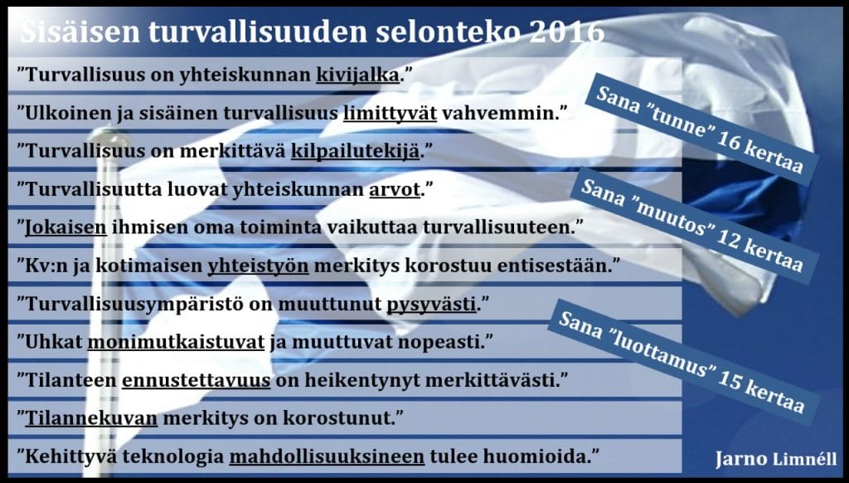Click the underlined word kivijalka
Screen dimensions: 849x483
(357, 75)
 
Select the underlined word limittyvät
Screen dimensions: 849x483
(390, 114)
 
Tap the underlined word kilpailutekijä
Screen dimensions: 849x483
(355, 151)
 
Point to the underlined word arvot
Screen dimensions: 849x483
(394, 190)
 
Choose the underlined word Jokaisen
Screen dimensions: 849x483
(66, 227)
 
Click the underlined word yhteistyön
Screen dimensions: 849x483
(259, 266)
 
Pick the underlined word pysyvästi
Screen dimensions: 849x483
(431, 305)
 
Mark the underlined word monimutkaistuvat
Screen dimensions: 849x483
(176, 343)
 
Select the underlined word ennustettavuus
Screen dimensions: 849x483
(196, 381)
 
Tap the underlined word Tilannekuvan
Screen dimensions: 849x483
(91, 418)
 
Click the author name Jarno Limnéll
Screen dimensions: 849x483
(776, 459)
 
